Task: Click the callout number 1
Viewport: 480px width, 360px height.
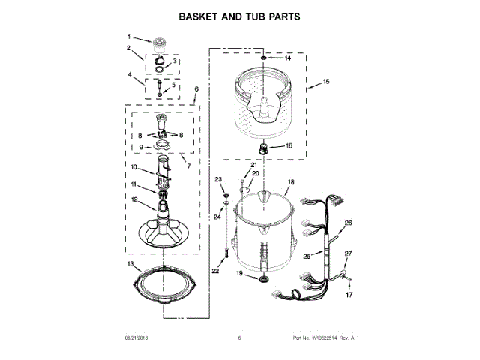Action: click(x=128, y=37)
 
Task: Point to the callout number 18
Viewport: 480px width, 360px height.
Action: click(x=292, y=181)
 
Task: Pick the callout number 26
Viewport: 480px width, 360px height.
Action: click(x=348, y=223)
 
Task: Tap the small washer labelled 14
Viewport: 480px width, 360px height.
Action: click(x=264, y=58)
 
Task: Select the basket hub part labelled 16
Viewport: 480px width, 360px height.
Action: click(x=264, y=146)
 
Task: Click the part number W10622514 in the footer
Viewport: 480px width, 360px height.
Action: click(x=316, y=338)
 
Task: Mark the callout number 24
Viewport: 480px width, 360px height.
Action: click(x=218, y=217)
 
